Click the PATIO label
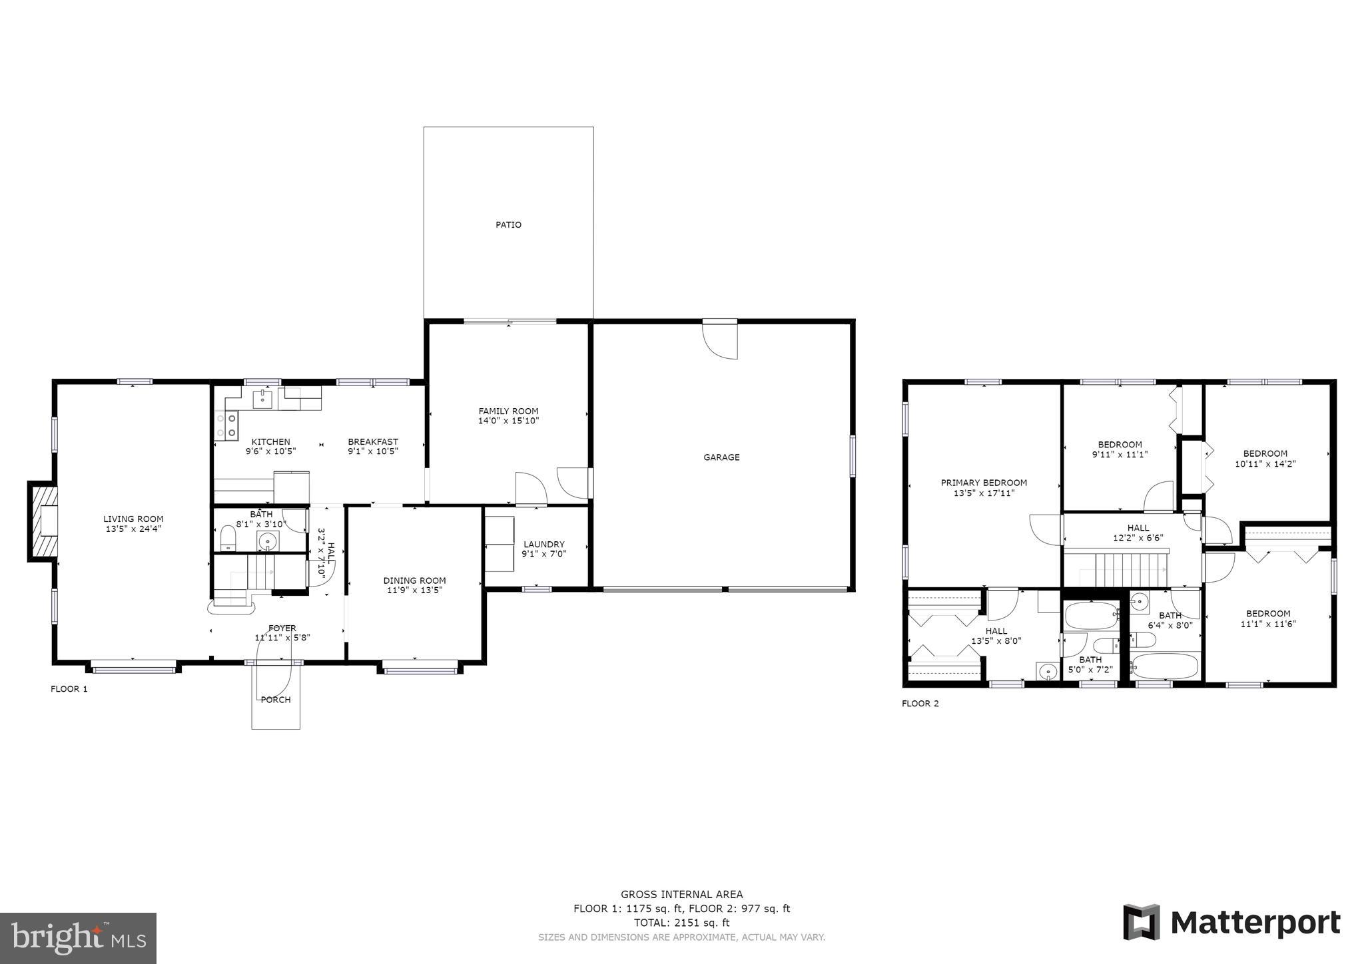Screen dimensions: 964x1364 click(x=508, y=225)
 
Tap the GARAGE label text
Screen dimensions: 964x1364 click(x=721, y=457)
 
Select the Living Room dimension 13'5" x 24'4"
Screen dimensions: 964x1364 click(x=133, y=529)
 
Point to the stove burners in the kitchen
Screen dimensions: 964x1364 click(x=226, y=425)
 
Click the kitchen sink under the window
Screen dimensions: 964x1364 click(x=262, y=399)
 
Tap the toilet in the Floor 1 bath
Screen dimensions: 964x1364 click(x=228, y=537)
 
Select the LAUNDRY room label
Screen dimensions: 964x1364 click(x=543, y=544)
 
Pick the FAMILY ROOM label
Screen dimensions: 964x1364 click(x=508, y=411)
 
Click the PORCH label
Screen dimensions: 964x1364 click(x=275, y=700)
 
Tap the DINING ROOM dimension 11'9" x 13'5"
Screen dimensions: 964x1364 click(x=414, y=590)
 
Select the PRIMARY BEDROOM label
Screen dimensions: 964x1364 click(x=983, y=483)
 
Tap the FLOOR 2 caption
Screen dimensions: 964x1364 click(x=920, y=704)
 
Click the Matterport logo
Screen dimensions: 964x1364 click(x=1231, y=923)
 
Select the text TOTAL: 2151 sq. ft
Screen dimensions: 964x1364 click(x=681, y=923)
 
